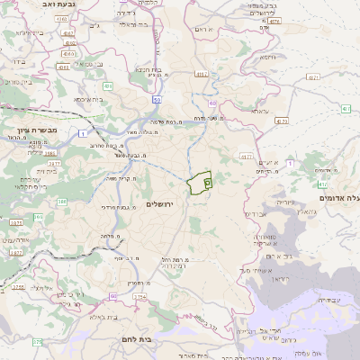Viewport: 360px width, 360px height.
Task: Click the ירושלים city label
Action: pos(164,204)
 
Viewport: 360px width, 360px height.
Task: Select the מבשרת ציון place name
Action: pos(28,131)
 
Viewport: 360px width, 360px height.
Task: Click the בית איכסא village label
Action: pos(86,100)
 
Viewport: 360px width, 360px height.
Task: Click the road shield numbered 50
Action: pos(157,100)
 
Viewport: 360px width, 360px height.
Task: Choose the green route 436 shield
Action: pos(107,85)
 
